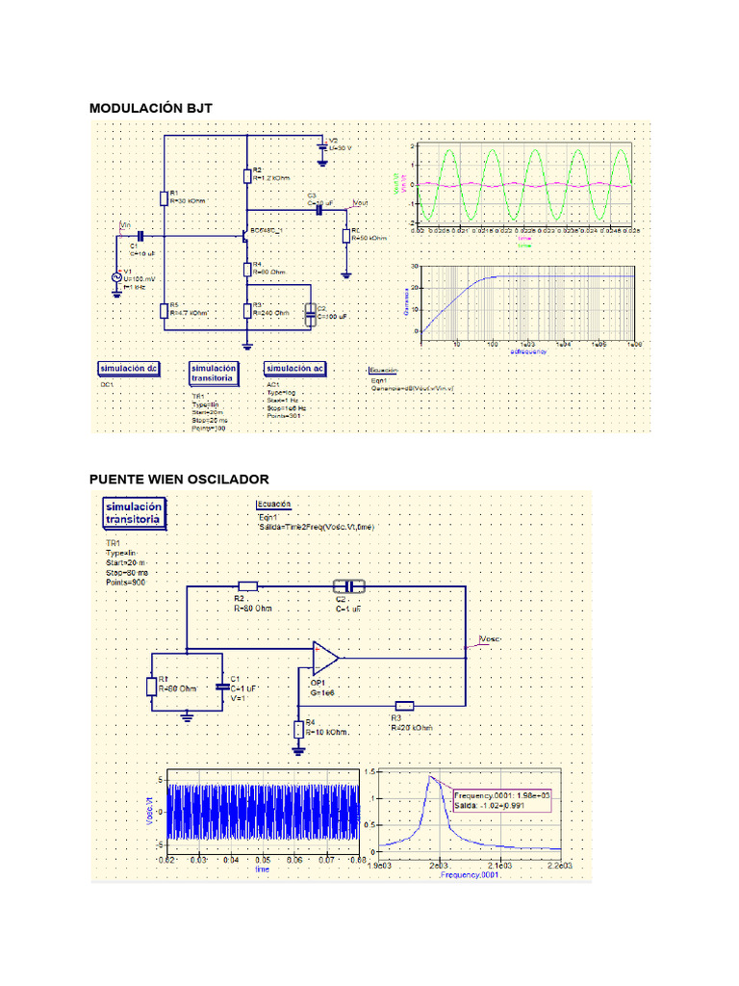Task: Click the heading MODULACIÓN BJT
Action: coord(150,108)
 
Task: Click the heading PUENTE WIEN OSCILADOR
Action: coord(179,479)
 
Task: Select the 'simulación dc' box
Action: coord(129,369)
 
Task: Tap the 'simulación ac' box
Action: coord(295,369)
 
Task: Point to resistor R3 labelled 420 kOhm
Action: coord(404,706)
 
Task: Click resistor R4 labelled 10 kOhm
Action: coord(297,729)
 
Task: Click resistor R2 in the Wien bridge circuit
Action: coord(248,586)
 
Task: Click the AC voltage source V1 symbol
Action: coord(117,276)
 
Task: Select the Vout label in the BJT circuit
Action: coord(360,203)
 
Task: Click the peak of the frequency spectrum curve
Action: coord(431,776)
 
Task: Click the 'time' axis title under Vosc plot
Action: coord(262,868)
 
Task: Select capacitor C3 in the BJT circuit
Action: coord(319,210)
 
